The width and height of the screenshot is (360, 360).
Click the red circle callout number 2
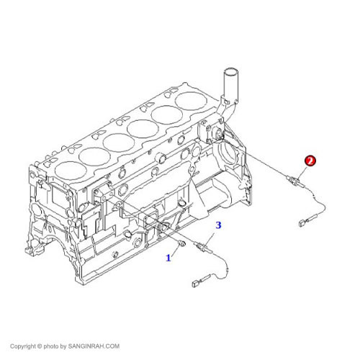click(310, 161)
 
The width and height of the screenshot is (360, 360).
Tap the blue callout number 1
click(168, 258)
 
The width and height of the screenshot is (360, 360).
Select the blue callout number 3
click(218, 225)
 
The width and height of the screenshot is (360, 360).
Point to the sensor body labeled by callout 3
click(203, 247)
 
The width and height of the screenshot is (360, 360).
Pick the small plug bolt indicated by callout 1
click(182, 244)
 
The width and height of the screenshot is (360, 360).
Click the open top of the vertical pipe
click(230, 72)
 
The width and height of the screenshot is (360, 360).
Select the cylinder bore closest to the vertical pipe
click(191, 101)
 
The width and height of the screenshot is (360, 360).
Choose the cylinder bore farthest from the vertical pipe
click(71, 170)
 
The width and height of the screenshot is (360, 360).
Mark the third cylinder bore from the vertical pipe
click(143, 129)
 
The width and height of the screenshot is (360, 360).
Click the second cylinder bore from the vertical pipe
click(167, 115)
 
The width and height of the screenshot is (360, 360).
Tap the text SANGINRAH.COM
click(94, 346)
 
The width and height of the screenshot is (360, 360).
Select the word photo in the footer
click(51, 346)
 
